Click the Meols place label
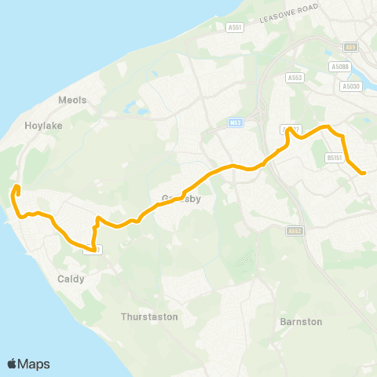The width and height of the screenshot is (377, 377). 72,100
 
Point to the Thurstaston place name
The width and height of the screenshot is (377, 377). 150,317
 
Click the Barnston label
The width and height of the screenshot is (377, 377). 301,321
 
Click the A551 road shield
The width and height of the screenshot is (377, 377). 233,27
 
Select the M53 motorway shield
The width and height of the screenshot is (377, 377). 235,123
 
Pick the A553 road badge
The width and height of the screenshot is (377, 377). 295,78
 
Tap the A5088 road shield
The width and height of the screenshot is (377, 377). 340,68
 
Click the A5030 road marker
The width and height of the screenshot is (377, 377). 351,86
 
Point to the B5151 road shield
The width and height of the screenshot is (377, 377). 334,158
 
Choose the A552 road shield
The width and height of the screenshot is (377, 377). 295,231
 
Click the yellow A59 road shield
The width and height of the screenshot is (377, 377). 350,47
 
